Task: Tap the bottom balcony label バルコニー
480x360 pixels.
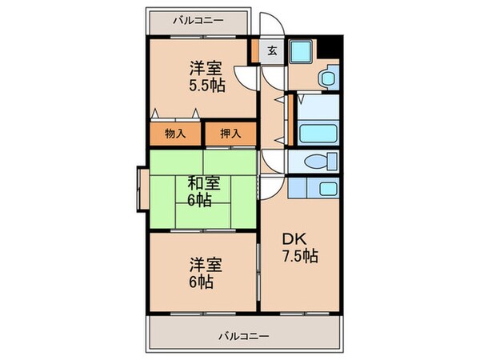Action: (x=244, y=335)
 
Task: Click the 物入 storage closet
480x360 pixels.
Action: (x=175, y=134)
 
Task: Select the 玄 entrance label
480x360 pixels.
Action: (x=272, y=51)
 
